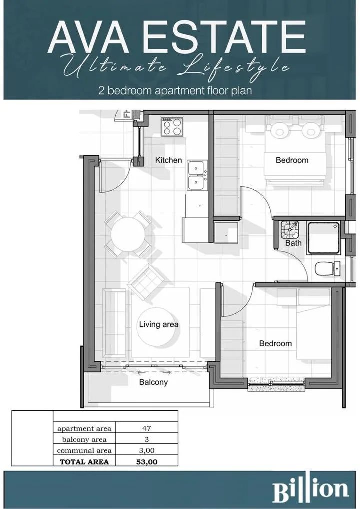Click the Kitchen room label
pyautogui.click(x=168, y=160)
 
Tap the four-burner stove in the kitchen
pyautogui.click(x=172, y=127)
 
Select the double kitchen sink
pyautogui.click(x=197, y=175)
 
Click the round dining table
pyautogui.click(x=128, y=234)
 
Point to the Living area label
pyautogui.click(x=158, y=324)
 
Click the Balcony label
pyautogui.click(x=153, y=382)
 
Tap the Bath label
pyautogui.click(x=293, y=243)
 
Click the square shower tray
pyautogui.click(x=323, y=238)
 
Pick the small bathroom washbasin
pyautogui.click(x=289, y=230)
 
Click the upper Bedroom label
pyautogui.click(x=292, y=160)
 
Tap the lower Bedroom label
pyautogui.click(x=275, y=343)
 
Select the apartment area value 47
pyautogui.click(x=146, y=428)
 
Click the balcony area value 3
pyautogui.click(x=146, y=439)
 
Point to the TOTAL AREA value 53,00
pyautogui.click(x=147, y=462)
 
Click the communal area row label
pyautogui.click(x=84, y=450)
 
